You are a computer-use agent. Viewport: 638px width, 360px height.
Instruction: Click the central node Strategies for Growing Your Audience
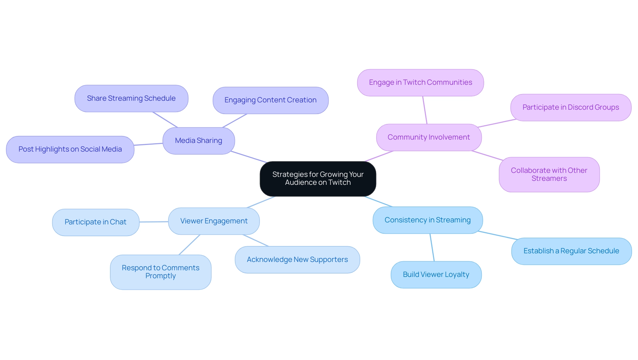[318, 179]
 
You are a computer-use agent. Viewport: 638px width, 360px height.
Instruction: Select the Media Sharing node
[198, 141]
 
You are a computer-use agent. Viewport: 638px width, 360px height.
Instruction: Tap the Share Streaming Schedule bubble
[131, 98]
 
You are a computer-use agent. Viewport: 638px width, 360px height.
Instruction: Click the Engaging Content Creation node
[270, 100]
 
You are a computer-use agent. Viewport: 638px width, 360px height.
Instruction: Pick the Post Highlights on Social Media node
[70, 149]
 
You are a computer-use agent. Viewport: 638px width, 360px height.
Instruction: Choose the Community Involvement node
[429, 137]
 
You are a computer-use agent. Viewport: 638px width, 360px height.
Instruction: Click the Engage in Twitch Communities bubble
[420, 82]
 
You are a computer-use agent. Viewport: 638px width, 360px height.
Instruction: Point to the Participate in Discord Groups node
[571, 107]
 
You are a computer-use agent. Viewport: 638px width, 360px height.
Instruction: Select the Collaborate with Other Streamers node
[549, 175]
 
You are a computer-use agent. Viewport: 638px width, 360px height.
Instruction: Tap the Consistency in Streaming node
[427, 220]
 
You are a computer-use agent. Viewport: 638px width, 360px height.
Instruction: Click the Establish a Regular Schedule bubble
[571, 251]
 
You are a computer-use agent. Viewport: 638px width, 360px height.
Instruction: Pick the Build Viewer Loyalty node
[436, 275]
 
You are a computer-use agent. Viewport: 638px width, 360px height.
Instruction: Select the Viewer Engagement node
[214, 221]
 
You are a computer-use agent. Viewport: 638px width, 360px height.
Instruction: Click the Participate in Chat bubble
[96, 222]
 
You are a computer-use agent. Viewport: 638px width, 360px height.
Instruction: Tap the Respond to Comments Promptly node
[160, 272]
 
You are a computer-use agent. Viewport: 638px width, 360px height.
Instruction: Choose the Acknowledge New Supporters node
[297, 260]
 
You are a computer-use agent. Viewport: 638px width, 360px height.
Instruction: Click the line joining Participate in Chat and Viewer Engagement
[154, 222]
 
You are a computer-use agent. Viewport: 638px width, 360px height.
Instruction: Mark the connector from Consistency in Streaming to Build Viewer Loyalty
[432, 247]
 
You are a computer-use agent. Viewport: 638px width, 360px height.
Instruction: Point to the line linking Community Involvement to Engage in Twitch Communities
[425, 110]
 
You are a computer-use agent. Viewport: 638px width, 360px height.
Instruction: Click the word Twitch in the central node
[339, 182]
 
